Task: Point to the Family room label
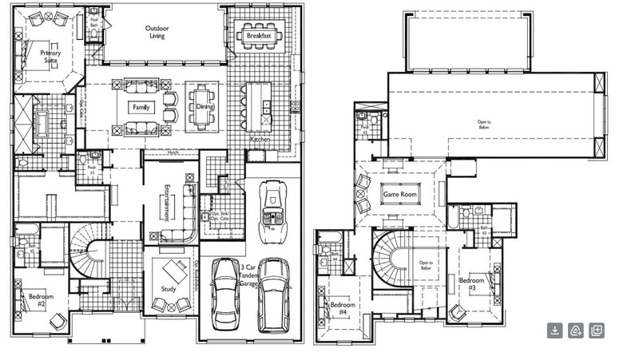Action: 141,107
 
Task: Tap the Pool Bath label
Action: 93,22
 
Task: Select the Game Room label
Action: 402,195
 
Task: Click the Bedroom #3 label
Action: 470,283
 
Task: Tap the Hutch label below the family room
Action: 173,152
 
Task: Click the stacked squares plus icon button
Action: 596,330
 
